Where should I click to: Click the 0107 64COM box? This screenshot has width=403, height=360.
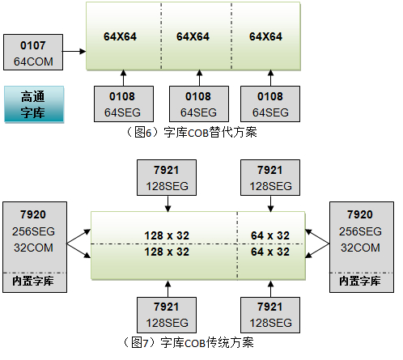(33, 53)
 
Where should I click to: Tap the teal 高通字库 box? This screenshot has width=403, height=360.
(34, 104)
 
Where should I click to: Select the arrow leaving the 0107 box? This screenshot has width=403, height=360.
(74, 51)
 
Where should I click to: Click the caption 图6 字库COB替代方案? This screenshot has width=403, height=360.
(191, 132)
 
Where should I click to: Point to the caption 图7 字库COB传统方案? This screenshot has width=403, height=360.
(188, 342)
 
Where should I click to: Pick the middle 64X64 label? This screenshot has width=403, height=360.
(193, 36)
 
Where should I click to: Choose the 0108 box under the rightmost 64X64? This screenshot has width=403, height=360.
(270, 104)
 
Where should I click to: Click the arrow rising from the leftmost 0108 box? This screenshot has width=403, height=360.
(123, 78)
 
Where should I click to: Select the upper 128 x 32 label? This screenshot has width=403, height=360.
(167, 235)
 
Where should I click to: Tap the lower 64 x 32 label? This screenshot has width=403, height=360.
(270, 252)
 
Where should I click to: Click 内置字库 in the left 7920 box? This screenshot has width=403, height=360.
(33, 281)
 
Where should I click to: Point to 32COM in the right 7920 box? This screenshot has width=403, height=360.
(360, 248)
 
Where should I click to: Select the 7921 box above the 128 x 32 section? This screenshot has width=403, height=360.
(167, 177)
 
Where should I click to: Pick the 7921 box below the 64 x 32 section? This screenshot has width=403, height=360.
(270, 315)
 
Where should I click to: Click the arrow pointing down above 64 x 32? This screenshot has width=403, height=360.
(270, 204)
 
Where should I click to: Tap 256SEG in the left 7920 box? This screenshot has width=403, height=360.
(33, 231)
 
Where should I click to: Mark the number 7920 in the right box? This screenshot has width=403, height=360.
(360, 214)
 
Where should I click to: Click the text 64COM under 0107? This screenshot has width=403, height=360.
(33, 61)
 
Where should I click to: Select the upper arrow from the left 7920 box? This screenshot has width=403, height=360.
(78, 236)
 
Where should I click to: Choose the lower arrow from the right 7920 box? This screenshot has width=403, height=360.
(317, 251)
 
